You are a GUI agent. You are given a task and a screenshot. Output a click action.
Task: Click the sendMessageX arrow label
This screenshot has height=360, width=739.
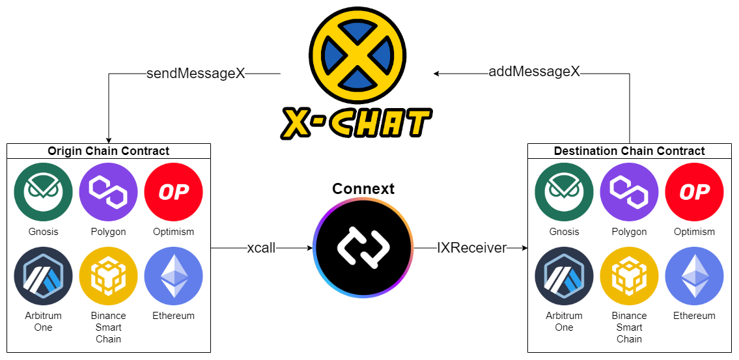195,74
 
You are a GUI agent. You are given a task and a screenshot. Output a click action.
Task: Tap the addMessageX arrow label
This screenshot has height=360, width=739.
534,72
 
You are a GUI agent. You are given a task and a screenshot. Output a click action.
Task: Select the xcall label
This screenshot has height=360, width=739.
261,248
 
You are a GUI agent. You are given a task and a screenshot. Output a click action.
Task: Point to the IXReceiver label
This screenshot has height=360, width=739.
472,248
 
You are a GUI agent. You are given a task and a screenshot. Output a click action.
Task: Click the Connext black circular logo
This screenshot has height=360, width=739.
363,248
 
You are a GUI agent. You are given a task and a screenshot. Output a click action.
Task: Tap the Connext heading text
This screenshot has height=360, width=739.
363,189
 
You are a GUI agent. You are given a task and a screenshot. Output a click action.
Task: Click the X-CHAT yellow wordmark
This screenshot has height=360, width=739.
356,124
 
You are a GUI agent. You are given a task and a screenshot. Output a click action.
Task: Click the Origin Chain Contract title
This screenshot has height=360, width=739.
108,151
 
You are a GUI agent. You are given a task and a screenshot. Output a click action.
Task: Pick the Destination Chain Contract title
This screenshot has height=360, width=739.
629,151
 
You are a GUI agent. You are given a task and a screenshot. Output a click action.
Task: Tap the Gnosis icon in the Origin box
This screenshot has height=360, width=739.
44,192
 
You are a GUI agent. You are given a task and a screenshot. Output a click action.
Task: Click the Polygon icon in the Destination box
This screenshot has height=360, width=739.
629,192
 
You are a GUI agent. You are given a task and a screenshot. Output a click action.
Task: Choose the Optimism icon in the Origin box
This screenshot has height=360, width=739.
173,192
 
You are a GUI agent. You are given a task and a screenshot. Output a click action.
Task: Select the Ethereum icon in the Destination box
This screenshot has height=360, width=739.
694,275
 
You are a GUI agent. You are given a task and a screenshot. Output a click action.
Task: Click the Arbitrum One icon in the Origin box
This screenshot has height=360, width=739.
44,275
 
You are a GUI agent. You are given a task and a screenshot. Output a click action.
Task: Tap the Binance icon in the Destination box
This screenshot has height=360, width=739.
629,275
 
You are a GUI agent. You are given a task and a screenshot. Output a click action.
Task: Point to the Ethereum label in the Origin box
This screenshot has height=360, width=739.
173,316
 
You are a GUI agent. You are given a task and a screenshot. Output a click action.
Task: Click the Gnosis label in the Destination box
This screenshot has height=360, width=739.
564,232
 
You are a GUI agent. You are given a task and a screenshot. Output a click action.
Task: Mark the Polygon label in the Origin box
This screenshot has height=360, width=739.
108,232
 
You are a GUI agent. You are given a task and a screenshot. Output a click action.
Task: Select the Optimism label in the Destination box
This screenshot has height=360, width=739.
694,232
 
